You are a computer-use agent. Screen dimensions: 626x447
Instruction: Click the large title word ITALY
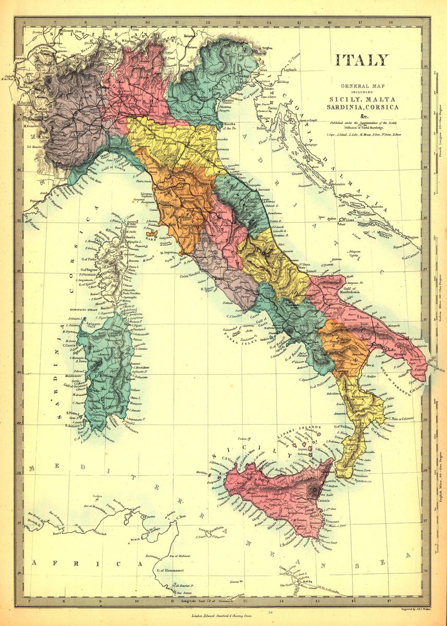pos(361,60)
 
